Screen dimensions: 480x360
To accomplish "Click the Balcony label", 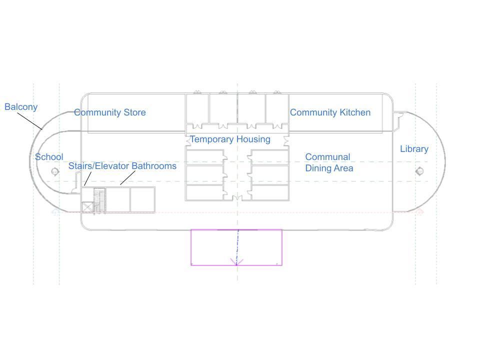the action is (x=21, y=107).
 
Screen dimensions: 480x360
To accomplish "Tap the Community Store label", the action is (x=110, y=112).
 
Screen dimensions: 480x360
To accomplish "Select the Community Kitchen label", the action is (x=330, y=112).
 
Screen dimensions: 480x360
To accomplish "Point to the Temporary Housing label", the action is (x=230, y=139).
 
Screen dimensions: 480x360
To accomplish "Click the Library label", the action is (x=414, y=149).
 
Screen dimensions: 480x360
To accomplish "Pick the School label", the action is (x=49, y=157).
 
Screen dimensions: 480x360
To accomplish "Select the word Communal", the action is (x=327, y=157).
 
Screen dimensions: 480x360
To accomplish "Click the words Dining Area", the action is (x=329, y=168).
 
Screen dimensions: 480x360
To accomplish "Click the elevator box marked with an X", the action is (x=87, y=207).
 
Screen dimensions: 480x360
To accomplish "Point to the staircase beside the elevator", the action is (x=99, y=200).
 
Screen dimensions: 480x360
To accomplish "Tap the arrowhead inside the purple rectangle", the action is (x=236, y=261).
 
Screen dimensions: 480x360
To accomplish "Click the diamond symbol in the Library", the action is (x=419, y=171).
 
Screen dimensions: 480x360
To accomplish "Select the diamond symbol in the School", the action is (x=55, y=171).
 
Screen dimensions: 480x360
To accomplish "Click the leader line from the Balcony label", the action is (x=29, y=121).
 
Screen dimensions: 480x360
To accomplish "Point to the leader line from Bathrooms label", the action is (x=127, y=177).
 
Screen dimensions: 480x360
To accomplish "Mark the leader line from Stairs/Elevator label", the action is (x=88, y=179).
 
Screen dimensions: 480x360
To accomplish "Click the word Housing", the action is (x=253, y=139).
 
